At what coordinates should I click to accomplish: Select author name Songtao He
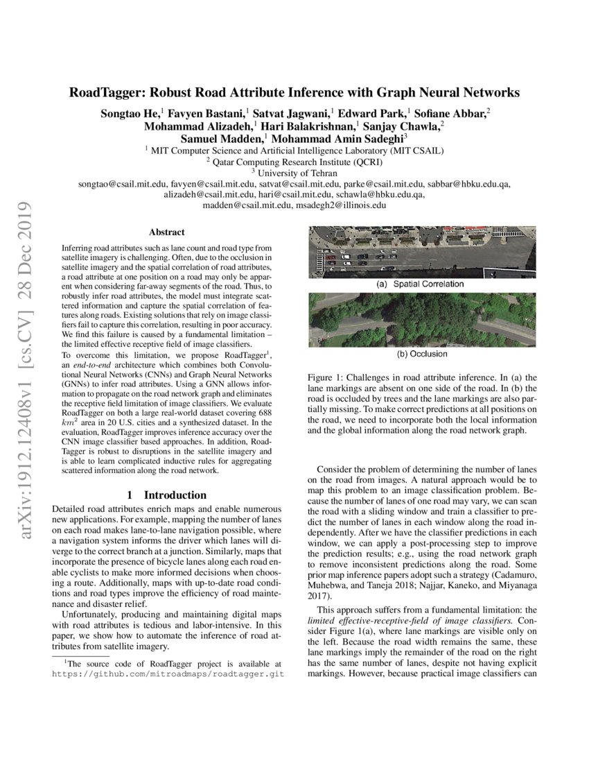[131, 112]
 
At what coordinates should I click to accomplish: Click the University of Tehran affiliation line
[294, 173]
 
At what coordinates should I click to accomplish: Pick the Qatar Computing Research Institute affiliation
[294, 161]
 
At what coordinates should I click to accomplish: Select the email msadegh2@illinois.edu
[340, 206]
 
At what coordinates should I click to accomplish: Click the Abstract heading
[166, 232]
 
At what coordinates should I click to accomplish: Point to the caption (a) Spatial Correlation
[421, 284]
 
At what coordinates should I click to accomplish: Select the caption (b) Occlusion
[421, 354]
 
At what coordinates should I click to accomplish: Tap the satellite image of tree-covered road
[421, 320]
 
